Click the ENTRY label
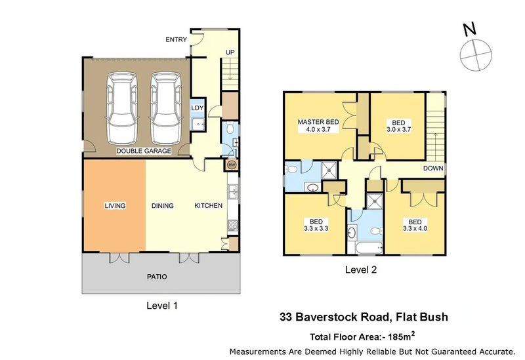(176, 40)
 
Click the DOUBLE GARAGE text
(144, 151)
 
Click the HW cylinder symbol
(231, 165)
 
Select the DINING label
(162, 206)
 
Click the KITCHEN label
(208, 206)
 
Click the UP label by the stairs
(230, 52)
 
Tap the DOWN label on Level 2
(433, 168)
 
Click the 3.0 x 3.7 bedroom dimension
(398, 130)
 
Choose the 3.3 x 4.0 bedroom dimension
(415, 229)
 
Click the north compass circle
(474, 53)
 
